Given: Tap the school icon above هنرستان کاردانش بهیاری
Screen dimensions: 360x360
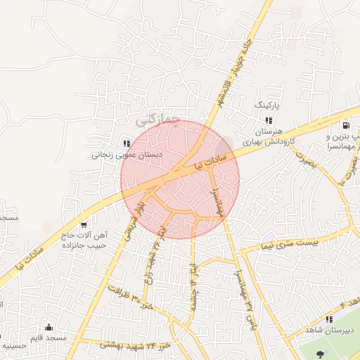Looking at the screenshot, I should [269, 120].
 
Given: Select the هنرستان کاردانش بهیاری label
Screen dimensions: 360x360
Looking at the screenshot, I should [267, 136].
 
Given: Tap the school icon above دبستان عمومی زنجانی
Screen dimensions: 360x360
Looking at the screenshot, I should [127, 143].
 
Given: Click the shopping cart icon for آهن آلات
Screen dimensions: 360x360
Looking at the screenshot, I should [84, 225].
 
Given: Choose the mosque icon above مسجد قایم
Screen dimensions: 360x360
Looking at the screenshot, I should [49, 327].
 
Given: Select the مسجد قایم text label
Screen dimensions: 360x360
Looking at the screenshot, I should [51, 338].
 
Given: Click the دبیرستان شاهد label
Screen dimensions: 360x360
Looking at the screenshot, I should [328, 330].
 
